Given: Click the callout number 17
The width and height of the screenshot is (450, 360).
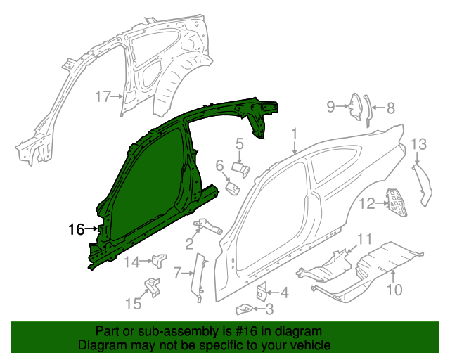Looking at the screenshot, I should click(103, 96).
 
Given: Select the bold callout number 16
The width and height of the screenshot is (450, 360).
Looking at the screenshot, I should click(76, 229).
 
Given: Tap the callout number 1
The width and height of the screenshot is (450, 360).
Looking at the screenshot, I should click(295, 133).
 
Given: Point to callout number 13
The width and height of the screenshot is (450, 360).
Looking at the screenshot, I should click(418, 144).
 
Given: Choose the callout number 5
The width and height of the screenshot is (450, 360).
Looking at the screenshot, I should click(239, 144).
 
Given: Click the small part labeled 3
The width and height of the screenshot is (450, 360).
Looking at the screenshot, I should click(244, 307).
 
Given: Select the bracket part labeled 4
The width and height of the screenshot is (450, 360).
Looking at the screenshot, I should click(261, 289).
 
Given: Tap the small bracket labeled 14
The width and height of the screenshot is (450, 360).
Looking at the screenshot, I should click(158, 260).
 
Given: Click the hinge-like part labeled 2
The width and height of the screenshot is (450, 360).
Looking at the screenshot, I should click(207, 226).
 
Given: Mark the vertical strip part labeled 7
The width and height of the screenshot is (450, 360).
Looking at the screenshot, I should click(198, 278).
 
